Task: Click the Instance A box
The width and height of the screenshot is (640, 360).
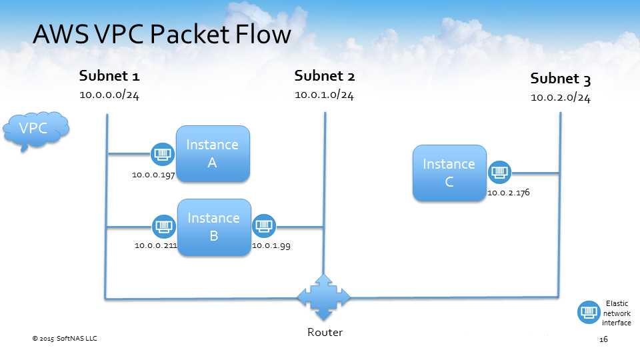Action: pos(213,153)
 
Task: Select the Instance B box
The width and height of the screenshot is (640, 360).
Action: pos(214,227)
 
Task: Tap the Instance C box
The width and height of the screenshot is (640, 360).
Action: pos(449,173)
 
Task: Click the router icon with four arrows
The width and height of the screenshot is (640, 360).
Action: pos(324,297)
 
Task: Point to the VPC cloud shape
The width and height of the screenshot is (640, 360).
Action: pos(35,129)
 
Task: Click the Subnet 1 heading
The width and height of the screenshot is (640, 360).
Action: pos(109,75)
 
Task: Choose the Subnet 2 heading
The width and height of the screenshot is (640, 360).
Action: pos(324,76)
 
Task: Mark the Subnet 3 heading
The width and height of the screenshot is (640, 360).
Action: pos(560,79)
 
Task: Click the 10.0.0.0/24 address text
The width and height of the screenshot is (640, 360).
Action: pos(109,95)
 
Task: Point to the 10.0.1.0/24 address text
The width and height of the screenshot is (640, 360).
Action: pos(324,95)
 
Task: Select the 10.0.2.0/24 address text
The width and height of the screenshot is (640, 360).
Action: pos(560,98)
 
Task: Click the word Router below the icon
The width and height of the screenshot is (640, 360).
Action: pos(325,333)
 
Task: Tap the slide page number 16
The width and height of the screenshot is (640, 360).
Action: pos(603,340)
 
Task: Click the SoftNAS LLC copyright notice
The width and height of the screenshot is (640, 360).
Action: pos(65,339)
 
